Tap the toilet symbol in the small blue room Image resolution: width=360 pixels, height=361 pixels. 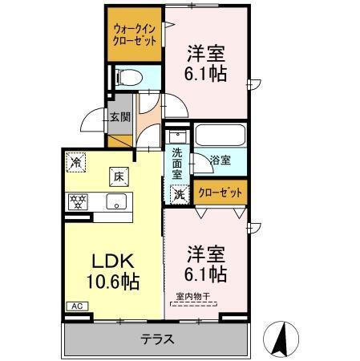(x=127, y=77)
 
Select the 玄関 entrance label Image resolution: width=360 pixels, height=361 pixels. (x=120, y=117)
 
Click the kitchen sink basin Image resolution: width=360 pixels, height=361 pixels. (x=117, y=202)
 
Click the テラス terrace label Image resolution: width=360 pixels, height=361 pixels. (x=158, y=339)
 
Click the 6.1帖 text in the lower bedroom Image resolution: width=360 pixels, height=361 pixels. (x=205, y=274)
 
